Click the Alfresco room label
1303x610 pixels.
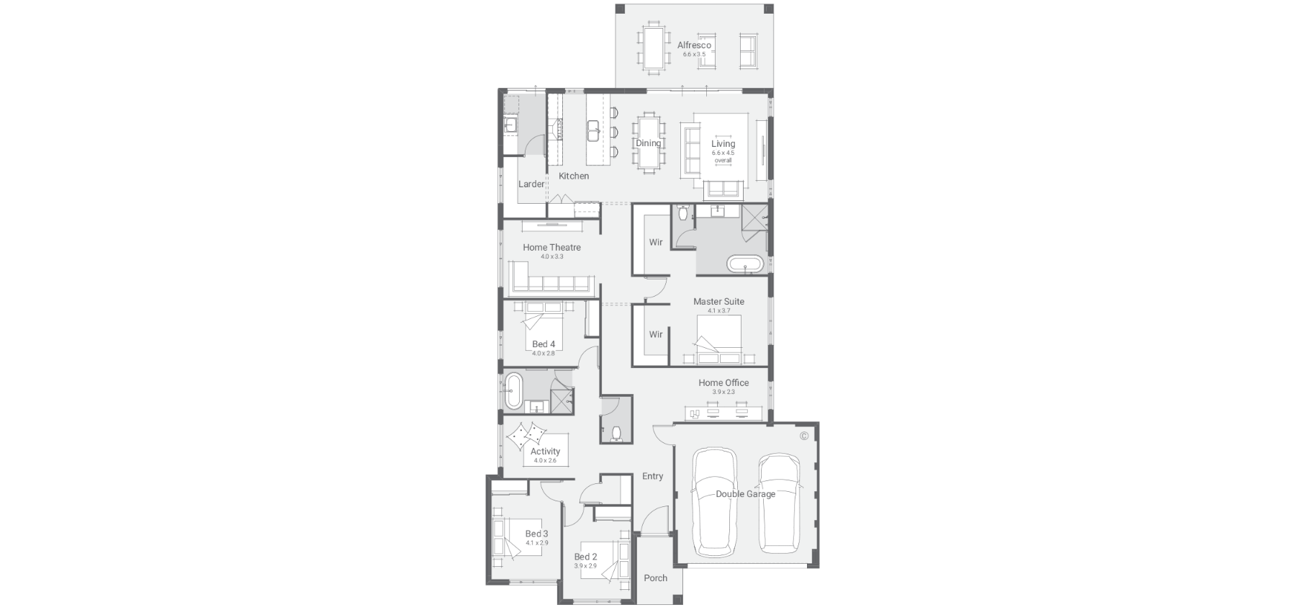pyautogui.click(x=694, y=45)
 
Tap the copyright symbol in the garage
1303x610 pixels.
pyautogui.click(x=804, y=436)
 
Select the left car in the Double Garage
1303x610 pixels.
pyautogui.click(x=714, y=502)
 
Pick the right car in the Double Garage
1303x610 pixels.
pyautogui.click(x=779, y=502)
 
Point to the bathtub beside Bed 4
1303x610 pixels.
pyautogui.click(x=513, y=391)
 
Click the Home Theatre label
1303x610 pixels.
pyautogui.click(x=551, y=247)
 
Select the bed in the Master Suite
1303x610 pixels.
pyautogui.click(x=718, y=340)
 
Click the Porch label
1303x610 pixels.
pyautogui.click(x=655, y=578)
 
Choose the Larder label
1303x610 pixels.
pyautogui.click(x=531, y=184)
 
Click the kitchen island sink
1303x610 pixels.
pyautogui.click(x=594, y=132)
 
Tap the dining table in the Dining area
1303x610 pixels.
pyautogui.click(x=648, y=143)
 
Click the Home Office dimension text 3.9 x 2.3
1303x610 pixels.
pyautogui.click(x=723, y=392)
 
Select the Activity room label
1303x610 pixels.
pyautogui.click(x=545, y=452)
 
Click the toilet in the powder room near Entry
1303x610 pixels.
pyautogui.click(x=615, y=433)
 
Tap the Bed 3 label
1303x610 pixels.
pyautogui.click(x=536, y=534)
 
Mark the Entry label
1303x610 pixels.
pyautogui.click(x=652, y=476)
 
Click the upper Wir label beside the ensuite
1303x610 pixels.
pyautogui.click(x=656, y=242)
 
